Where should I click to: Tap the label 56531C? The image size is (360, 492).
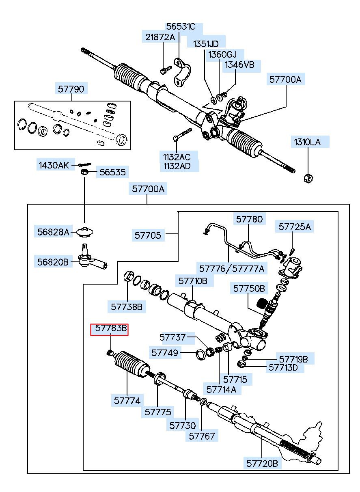181,26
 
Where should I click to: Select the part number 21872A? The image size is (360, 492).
160,37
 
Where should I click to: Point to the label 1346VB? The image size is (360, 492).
239,65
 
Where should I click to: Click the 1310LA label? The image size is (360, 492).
307,142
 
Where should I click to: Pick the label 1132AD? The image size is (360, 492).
177,166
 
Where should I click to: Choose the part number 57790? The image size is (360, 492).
71,89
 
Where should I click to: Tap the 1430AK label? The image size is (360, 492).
54,165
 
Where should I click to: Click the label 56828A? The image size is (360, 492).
53,232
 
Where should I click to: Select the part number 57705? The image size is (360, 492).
148,235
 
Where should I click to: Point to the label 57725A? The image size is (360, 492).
295,227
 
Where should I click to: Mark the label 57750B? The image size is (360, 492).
249,289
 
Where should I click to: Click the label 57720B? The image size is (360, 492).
262,464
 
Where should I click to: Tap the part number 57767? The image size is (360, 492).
202,436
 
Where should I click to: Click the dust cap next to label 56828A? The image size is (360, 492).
85,232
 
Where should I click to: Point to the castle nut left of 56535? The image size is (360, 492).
84,172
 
